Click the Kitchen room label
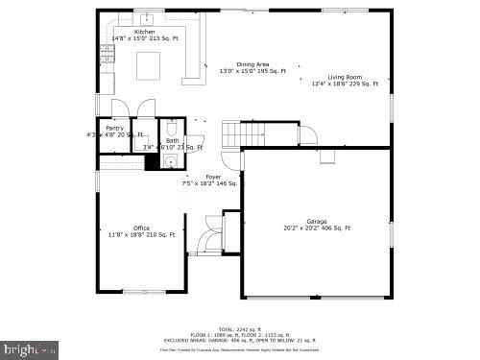click(144, 32)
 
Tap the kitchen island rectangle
click(148, 65)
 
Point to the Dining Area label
click(252, 64)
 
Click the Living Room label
click(345, 77)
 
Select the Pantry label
click(114, 128)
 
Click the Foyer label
click(213, 177)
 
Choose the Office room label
click(140, 228)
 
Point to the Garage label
click(316, 221)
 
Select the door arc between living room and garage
click(312, 134)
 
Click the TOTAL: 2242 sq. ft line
click(240, 327)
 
